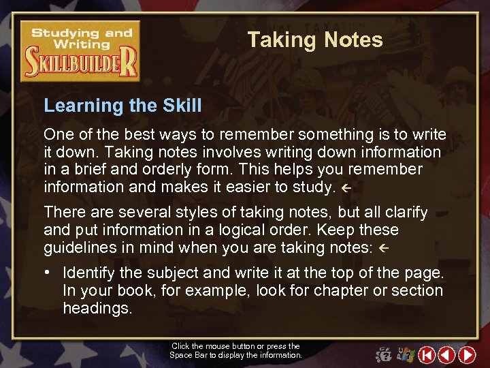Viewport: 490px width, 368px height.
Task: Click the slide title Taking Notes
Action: point(315,40)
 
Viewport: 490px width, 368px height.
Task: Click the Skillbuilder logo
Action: point(80,51)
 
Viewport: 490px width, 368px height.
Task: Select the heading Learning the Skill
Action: point(122,106)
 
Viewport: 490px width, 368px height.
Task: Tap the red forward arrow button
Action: point(467,355)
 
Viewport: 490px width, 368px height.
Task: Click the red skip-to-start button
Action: point(427,355)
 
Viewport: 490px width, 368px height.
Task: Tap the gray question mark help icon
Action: point(384,355)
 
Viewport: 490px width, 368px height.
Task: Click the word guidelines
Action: point(79,248)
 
